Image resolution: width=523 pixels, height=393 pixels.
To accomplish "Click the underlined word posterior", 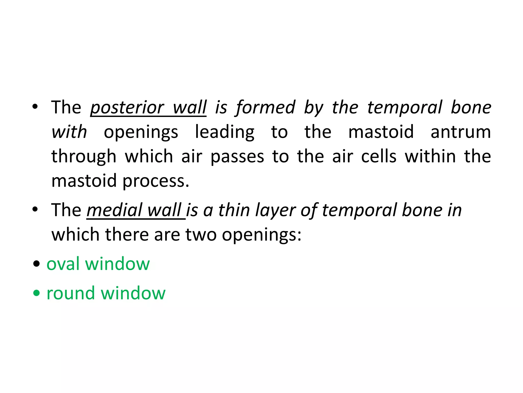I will tap(127, 108).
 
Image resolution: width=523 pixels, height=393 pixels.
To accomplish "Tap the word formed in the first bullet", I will tap(266, 107).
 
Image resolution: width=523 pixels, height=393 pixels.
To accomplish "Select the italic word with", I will tap(69, 132).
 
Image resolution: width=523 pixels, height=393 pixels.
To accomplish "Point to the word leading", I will tap(225, 132).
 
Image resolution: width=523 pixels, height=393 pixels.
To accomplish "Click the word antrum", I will tap(461, 132).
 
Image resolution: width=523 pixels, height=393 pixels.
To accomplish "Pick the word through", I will tap(84, 157).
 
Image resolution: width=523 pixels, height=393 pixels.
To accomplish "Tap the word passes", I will tap(237, 157).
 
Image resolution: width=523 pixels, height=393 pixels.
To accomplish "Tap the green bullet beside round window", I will tap(37, 293).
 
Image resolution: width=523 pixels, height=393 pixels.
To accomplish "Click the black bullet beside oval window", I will tap(37, 264).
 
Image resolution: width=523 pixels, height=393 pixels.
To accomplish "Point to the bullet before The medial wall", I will tap(35, 209).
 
